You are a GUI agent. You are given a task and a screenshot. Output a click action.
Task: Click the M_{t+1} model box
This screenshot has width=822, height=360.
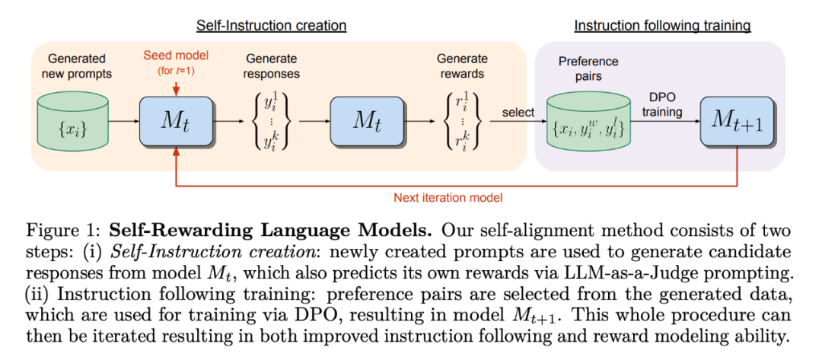737,121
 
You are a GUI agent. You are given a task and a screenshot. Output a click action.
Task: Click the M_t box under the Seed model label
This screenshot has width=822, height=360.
176,121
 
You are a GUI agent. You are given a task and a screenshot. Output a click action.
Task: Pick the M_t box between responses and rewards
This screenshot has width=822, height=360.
366,121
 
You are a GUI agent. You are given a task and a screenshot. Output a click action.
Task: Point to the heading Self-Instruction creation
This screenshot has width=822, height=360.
272,25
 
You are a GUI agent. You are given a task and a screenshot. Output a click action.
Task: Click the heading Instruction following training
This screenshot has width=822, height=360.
663,25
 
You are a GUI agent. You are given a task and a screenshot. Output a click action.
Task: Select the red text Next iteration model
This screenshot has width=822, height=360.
448,198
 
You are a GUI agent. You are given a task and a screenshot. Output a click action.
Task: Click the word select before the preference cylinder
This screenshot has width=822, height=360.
518,112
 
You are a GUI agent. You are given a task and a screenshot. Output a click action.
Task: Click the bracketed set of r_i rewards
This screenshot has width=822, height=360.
462,122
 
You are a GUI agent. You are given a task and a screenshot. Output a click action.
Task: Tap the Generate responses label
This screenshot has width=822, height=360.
272,65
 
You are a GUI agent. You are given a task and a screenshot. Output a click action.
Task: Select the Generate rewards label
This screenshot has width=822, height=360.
464,65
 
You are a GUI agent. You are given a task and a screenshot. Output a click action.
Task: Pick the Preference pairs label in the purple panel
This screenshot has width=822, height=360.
588,68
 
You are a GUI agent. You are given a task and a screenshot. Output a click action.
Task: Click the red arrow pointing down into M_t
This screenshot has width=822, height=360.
176,87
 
